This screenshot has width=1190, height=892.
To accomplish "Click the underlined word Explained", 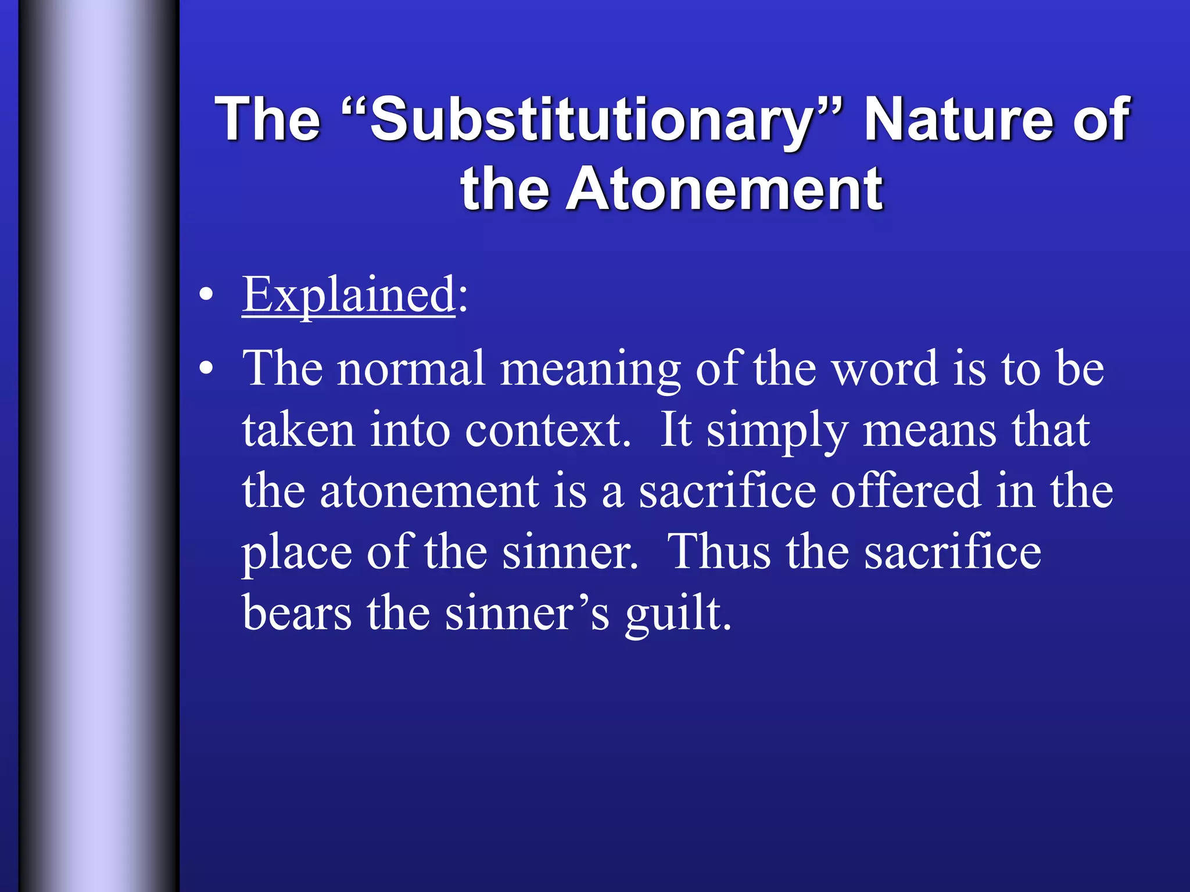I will pyautogui.click(x=349, y=294).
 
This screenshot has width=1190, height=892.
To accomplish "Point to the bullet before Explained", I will pyautogui.click(x=205, y=294).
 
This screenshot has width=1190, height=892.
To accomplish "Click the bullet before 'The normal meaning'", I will pyautogui.click(x=205, y=368).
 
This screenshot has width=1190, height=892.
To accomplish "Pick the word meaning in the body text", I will pyautogui.click(x=590, y=369).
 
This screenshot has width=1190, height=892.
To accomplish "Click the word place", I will pyautogui.click(x=297, y=552).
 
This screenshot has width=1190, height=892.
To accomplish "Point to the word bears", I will pyautogui.click(x=297, y=613).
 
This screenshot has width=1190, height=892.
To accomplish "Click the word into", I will pyautogui.click(x=410, y=430).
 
